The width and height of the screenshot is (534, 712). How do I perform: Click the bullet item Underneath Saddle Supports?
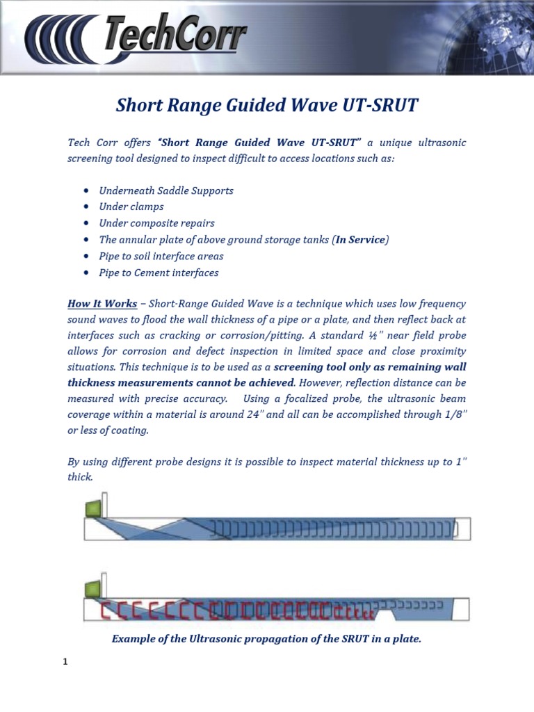pyautogui.click(x=166, y=191)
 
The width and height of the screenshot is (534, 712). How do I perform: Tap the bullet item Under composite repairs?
pyautogui.click(x=156, y=223)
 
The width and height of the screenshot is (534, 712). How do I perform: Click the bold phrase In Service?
pyautogui.click(x=359, y=240)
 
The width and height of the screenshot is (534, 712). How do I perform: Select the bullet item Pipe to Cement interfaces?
pyautogui.click(x=159, y=273)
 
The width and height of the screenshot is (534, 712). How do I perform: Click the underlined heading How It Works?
pyautogui.click(x=98, y=304)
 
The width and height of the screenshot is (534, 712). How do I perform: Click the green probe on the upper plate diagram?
pyautogui.click(x=92, y=509)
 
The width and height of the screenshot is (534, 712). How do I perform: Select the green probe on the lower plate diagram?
pyautogui.click(x=92, y=590)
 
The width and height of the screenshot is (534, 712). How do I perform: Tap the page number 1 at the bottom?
pyautogui.click(x=65, y=662)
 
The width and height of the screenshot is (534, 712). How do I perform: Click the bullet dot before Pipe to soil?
pyautogui.click(x=86, y=257)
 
